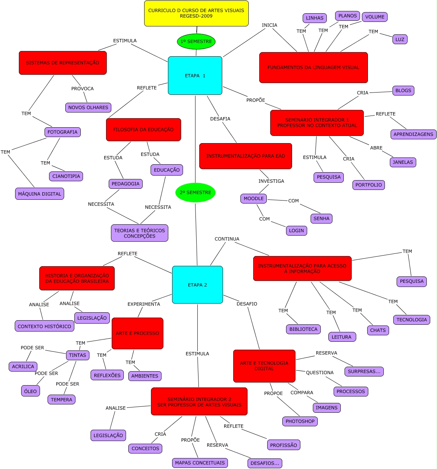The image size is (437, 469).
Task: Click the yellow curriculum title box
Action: coord(196,14)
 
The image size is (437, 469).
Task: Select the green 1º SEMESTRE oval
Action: coord(196,42)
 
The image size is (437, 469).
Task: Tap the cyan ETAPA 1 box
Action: coord(195,76)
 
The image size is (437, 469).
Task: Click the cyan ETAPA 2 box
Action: coord(197,285)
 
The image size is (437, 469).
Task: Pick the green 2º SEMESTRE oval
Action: coord(195,193)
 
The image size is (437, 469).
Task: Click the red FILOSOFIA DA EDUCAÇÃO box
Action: coord(143,130)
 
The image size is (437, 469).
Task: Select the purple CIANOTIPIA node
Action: coord(66,176)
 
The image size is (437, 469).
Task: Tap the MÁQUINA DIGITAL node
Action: coord(40,194)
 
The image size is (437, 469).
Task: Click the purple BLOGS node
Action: coord(403,91)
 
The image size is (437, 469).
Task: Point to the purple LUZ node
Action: coord(400,39)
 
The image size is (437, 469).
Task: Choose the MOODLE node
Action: coord(254,199)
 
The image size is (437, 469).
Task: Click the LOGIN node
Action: coord(296,231)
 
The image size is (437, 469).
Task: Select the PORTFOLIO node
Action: coord(368,185)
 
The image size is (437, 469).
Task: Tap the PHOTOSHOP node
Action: coord(300,421)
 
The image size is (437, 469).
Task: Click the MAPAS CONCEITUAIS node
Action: coord(200,463)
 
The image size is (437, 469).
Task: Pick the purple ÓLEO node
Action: coord(30,391)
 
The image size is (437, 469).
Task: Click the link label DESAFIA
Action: coord(220,119)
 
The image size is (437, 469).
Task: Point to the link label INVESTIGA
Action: coord(271,181)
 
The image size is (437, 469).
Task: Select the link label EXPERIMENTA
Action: coord(143,304)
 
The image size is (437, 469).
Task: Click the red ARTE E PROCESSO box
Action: coord(137,333)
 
